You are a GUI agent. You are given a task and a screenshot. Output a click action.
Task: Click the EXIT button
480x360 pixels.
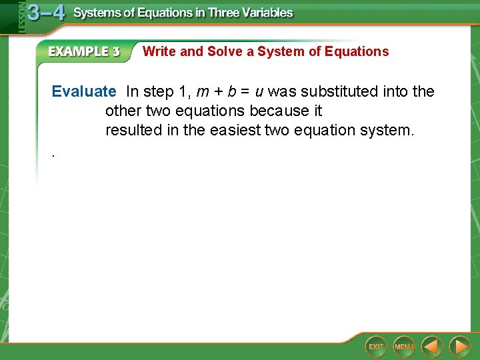[x=376, y=346]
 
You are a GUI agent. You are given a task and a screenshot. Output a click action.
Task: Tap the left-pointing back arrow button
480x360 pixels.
[x=432, y=346]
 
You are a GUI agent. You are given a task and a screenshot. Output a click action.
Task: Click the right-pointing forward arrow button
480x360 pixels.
[x=459, y=346]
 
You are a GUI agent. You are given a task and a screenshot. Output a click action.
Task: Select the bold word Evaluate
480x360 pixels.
[x=84, y=91]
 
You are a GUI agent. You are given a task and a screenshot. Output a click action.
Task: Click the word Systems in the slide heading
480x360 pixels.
[x=97, y=13]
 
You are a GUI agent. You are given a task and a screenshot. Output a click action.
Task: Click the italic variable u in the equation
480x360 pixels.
[x=259, y=91]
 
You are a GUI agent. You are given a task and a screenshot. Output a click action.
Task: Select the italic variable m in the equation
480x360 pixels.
[x=203, y=91]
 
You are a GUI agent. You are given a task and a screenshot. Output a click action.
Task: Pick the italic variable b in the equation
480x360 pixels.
[x=231, y=91]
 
